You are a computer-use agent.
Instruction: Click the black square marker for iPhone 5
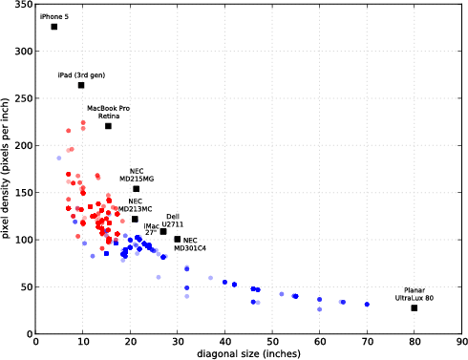click(x=54, y=27)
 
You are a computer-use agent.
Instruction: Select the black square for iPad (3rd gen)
click(x=81, y=85)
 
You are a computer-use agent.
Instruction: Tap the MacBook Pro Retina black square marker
click(x=108, y=126)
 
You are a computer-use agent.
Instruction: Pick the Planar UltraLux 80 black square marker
click(x=415, y=307)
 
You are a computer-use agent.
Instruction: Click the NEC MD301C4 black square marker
click(x=178, y=240)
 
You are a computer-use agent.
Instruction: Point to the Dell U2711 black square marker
click(x=163, y=231)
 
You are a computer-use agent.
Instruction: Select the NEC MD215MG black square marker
click(x=136, y=189)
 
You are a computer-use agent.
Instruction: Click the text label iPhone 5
click(x=53, y=16)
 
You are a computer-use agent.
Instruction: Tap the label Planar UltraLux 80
click(x=414, y=294)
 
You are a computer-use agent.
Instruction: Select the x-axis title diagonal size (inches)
click(x=249, y=353)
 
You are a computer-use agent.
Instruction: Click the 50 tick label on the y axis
click(x=26, y=286)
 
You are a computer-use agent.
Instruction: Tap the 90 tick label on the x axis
click(x=461, y=341)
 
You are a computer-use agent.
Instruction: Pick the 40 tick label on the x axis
click(x=225, y=341)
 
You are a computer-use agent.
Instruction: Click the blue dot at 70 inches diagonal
click(x=367, y=305)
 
